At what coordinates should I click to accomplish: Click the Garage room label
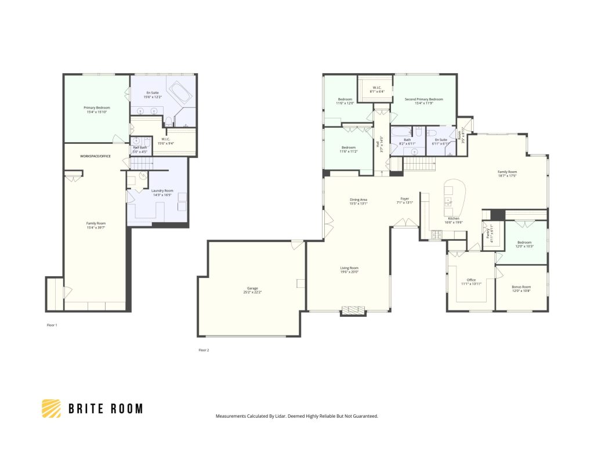(252, 288)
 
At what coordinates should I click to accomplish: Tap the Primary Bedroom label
(97, 107)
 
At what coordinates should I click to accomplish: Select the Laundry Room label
(162, 191)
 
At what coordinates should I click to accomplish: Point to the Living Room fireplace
(353, 311)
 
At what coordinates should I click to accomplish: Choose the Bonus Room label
(521, 287)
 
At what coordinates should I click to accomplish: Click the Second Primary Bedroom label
(423, 99)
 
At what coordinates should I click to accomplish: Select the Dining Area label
(358, 200)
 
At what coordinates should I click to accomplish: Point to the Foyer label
(405, 198)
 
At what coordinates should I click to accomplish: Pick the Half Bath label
(139, 147)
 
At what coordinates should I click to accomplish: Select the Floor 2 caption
(203, 350)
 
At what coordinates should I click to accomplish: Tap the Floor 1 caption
(52, 325)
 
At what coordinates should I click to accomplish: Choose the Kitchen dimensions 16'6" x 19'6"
(453, 222)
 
